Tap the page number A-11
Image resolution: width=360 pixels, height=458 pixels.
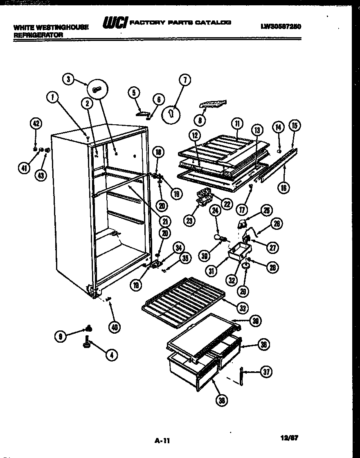(162, 441)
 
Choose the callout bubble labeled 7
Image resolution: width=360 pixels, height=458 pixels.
(184, 80)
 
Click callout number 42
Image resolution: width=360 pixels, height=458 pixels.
(36, 123)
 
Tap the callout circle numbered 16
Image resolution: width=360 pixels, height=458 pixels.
(283, 187)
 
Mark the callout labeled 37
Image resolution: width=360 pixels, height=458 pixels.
(266, 372)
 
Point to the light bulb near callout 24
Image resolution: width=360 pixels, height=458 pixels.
(218, 238)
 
